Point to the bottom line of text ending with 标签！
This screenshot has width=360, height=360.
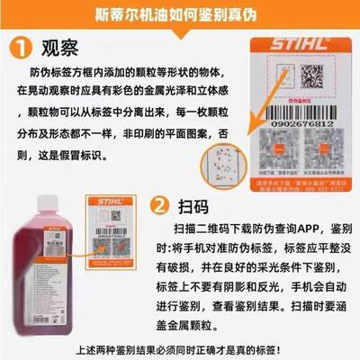tap(180, 348)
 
